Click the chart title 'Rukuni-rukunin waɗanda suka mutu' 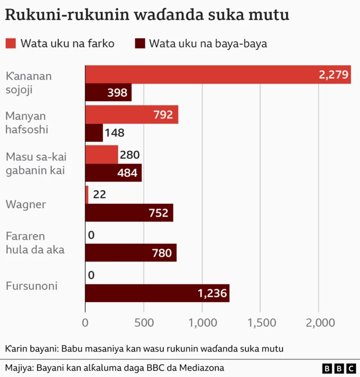coord(147,15)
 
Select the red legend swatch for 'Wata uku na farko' coord(11,43)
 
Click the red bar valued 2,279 coord(218,75)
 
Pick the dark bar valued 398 coord(108,93)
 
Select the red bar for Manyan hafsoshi coord(131,115)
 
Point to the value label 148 coord(114,133)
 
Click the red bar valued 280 coord(101,155)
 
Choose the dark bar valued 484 coord(113,173)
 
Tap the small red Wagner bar coord(87,195)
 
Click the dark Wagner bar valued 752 coord(129,213)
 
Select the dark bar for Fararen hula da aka coord(130,253)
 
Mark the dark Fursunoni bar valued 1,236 coord(157,293)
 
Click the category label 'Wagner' coord(25,204)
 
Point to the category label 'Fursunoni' coord(32,286)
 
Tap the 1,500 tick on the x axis coord(262,322)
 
